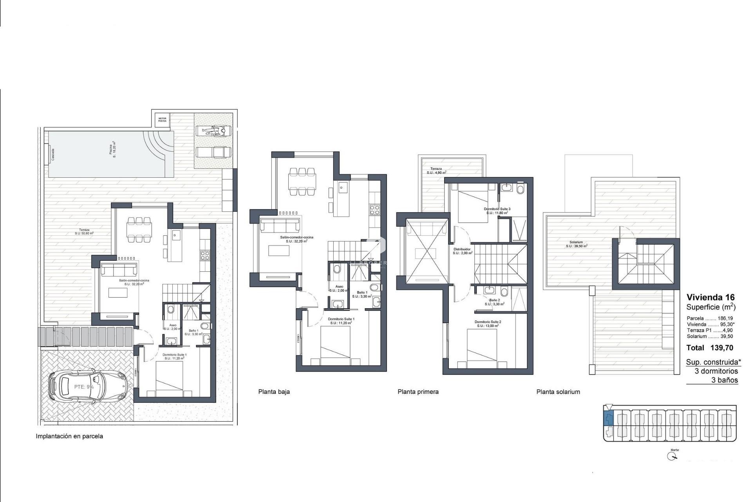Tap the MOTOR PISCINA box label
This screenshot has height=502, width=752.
(162, 120)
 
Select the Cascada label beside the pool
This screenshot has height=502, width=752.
(52, 154)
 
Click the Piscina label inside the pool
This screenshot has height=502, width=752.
(112, 152)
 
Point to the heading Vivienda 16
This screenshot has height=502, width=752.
(710, 297)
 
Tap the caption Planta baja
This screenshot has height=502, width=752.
(274, 391)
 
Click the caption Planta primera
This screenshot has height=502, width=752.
(418, 391)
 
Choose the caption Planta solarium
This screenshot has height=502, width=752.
(558, 391)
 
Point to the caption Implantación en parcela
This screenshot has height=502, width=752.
(69, 436)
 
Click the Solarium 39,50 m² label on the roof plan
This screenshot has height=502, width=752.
(576, 244)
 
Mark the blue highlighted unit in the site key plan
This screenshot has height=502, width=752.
(608, 419)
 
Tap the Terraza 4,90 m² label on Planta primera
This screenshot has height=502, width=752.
(436, 171)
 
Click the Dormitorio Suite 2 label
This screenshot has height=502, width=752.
(488, 324)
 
